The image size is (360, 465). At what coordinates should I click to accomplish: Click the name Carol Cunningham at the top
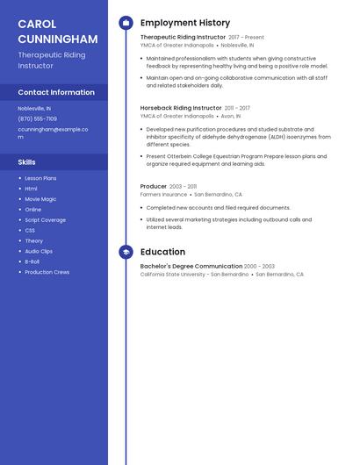point(58,31)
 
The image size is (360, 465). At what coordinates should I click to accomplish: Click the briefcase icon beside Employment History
point(126,23)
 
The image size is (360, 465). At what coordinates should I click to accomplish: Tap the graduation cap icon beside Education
point(126,252)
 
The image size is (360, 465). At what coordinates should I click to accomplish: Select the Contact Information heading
point(56,92)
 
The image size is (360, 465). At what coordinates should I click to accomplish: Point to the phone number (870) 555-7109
point(37,118)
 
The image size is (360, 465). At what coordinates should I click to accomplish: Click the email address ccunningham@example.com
point(53,132)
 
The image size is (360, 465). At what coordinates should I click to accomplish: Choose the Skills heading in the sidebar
point(27,162)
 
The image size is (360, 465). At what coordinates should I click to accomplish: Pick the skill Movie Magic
point(40,199)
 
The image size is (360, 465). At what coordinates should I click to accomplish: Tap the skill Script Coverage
point(45,220)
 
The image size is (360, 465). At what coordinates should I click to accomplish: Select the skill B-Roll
point(32,261)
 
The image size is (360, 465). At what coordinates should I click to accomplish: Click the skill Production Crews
point(47,272)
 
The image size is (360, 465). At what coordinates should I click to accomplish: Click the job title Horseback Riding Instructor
point(181,108)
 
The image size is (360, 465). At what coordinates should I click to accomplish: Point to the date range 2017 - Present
point(246,38)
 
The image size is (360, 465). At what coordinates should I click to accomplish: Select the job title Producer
point(154,187)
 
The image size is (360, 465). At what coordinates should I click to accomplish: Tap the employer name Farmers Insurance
point(163,195)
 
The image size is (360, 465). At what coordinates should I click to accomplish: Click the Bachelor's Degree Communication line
point(191,266)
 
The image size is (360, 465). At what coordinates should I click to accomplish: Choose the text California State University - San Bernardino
point(194,275)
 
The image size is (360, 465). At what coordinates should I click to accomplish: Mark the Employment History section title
point(185,23)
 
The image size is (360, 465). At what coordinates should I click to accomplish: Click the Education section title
point(162,252)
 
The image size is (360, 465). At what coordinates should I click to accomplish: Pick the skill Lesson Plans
point(40,178)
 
